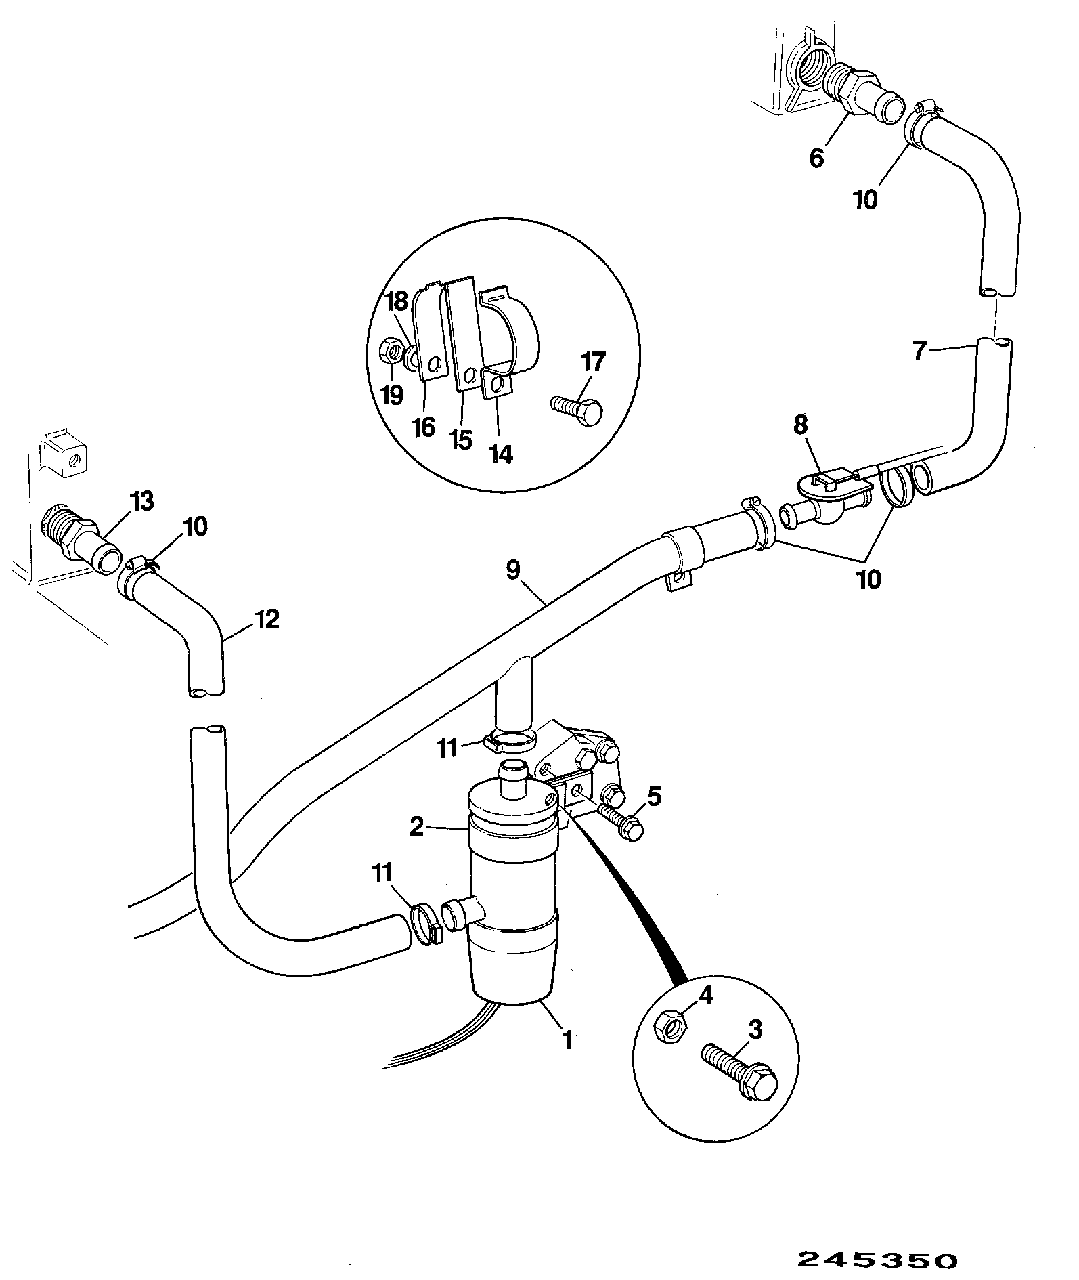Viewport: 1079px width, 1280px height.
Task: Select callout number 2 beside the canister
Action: click(x=417, y=827)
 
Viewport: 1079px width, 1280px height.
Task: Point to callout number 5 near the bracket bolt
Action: click(x=654, y=796)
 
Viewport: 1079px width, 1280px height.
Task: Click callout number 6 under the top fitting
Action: click(x=816, y=158)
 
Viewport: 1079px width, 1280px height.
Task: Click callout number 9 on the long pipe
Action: click(x=512, y=570)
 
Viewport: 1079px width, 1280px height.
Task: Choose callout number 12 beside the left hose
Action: click(x=267, y=619)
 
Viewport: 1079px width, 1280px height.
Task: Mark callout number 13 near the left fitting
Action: click(x=142, y=502)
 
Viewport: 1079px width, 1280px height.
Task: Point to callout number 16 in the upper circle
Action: click(x=424, y=428)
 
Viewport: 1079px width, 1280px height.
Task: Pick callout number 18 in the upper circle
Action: click(x=397, y=301)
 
